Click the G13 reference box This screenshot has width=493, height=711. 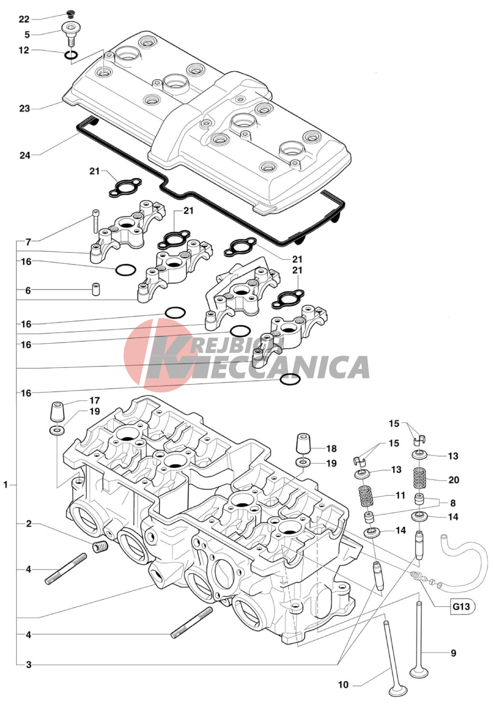tap(461, 606)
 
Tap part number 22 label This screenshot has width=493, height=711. tap(24, 19)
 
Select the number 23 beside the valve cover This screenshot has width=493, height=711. tap(24, 109)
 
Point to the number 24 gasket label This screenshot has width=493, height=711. tap(25, 155)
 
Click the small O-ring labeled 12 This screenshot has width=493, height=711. tap(72, 55)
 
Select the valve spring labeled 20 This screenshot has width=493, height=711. tap(419, 478)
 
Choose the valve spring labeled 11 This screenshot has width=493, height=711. tap(365, 496)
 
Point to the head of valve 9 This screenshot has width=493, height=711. tap(419, 672)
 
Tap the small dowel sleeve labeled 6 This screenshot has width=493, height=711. tap(96, 289)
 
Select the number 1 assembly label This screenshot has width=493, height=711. tap(6, 485)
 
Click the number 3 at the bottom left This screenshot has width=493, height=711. tap(29, 664)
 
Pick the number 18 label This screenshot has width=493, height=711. tap(331, 449)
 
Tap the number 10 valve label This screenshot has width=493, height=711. tap(343, 685)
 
